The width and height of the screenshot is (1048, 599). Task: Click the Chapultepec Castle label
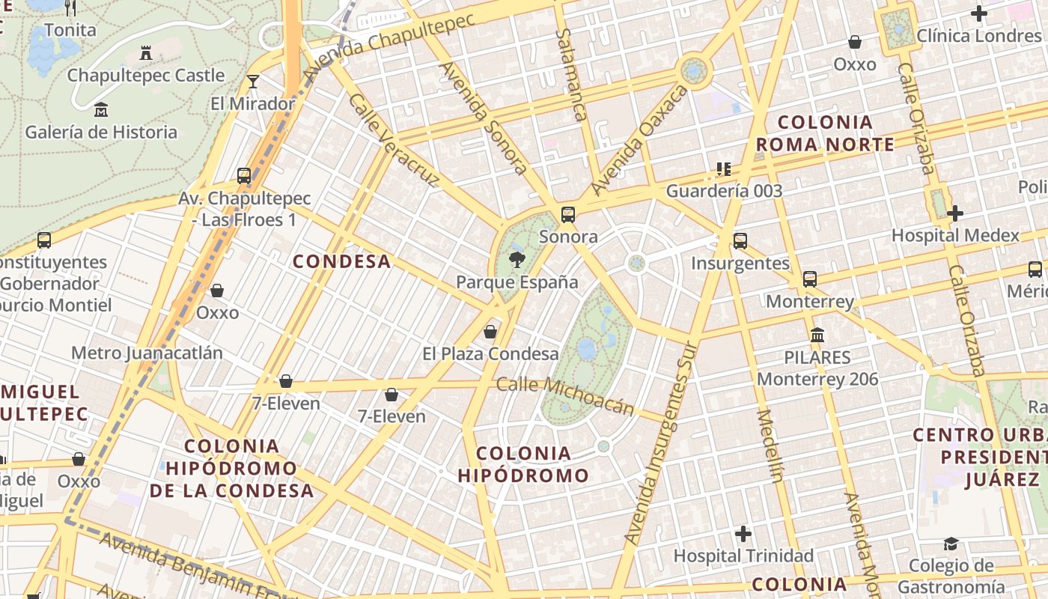pyautogui.click(x=146, y=76)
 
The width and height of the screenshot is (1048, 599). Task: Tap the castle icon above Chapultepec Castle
pyautogui.click(x=146, y=53)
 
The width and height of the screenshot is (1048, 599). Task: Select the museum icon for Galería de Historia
pyautogui.click(x=101, y=111)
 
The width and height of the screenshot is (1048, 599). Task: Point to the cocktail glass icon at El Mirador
pyautogui.click(x=253, y=82)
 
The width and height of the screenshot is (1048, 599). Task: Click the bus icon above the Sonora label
pyautogui.click(x=568, y=215)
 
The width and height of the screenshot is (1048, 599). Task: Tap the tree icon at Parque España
pyautogui.click(x=516, y=260)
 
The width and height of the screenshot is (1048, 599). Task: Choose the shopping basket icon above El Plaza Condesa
pyautogui.click(x=490, y=331)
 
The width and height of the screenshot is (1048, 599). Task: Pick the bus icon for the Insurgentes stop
pyautogui.click(x=740, y=241)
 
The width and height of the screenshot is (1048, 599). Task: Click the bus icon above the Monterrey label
pyautogui.click(x=810, y=279)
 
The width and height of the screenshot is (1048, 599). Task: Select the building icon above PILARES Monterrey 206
pyautogui.click(x=817, y=335)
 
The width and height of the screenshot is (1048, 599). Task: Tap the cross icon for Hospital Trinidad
pyautogui.click(x=743, y=534)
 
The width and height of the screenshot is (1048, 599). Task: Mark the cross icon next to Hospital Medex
pyautogui.click(x=954, y=213)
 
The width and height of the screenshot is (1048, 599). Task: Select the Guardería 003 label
pyautogui.click(x=724, y=191)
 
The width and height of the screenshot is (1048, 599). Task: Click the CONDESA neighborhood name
pyautogui.click(x=341, y=261)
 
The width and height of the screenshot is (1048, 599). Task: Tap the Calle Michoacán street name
pyautogui.click(x=565, y=396)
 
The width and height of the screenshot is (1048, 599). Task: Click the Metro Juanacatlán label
pyautogui.click(x=147, y=353)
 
